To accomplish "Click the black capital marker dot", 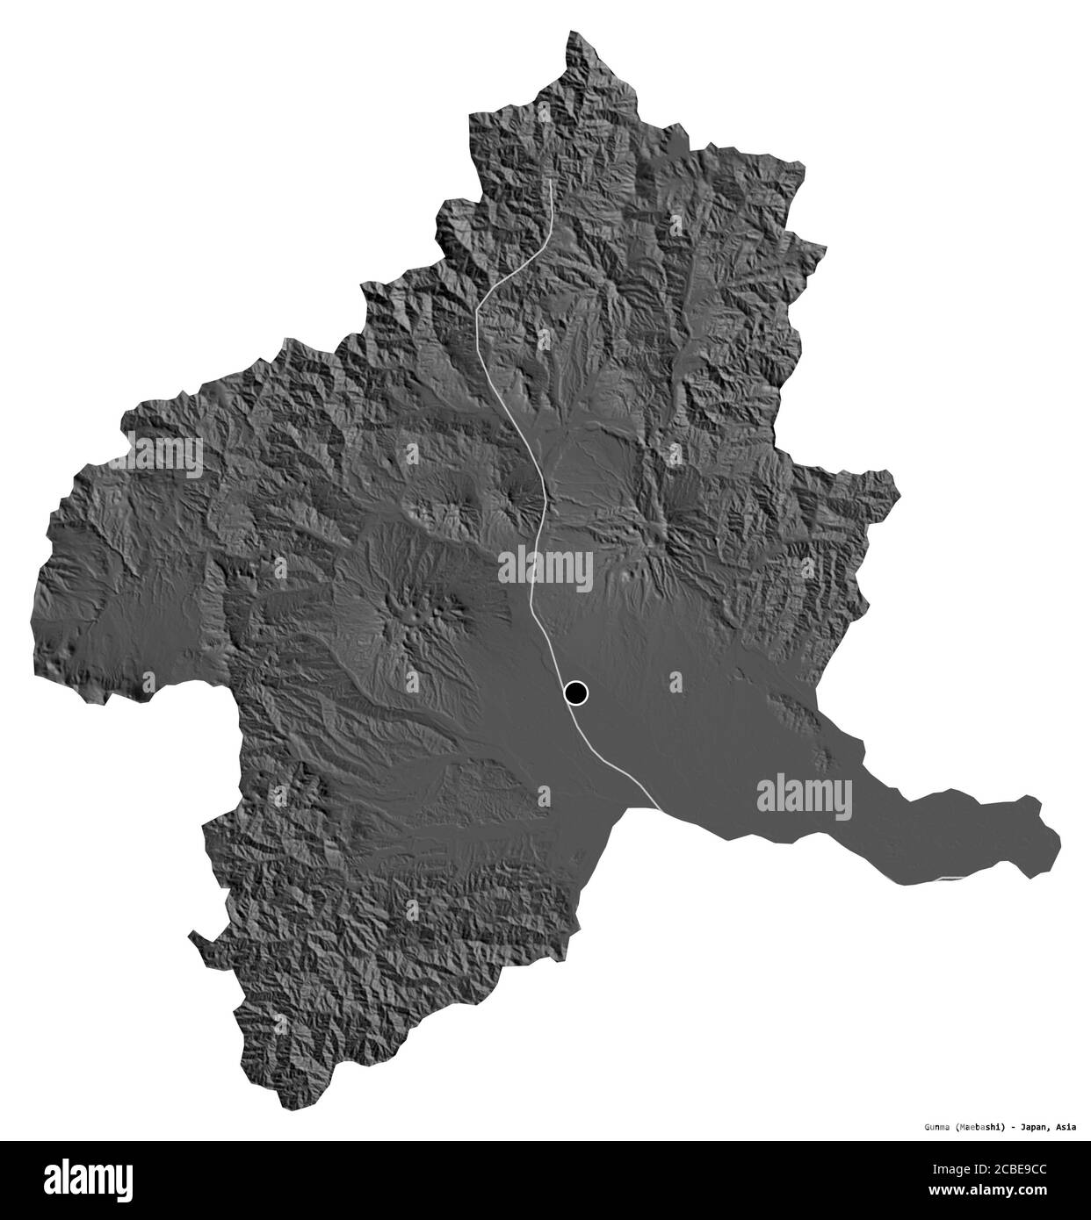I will point(575,693).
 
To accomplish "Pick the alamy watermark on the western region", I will point(168,456).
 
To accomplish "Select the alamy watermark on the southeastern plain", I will point(804,795).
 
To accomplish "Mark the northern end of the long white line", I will point(551,181).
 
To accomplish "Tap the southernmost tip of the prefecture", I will point(280,1109).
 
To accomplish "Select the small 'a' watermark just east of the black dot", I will point(675,681).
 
